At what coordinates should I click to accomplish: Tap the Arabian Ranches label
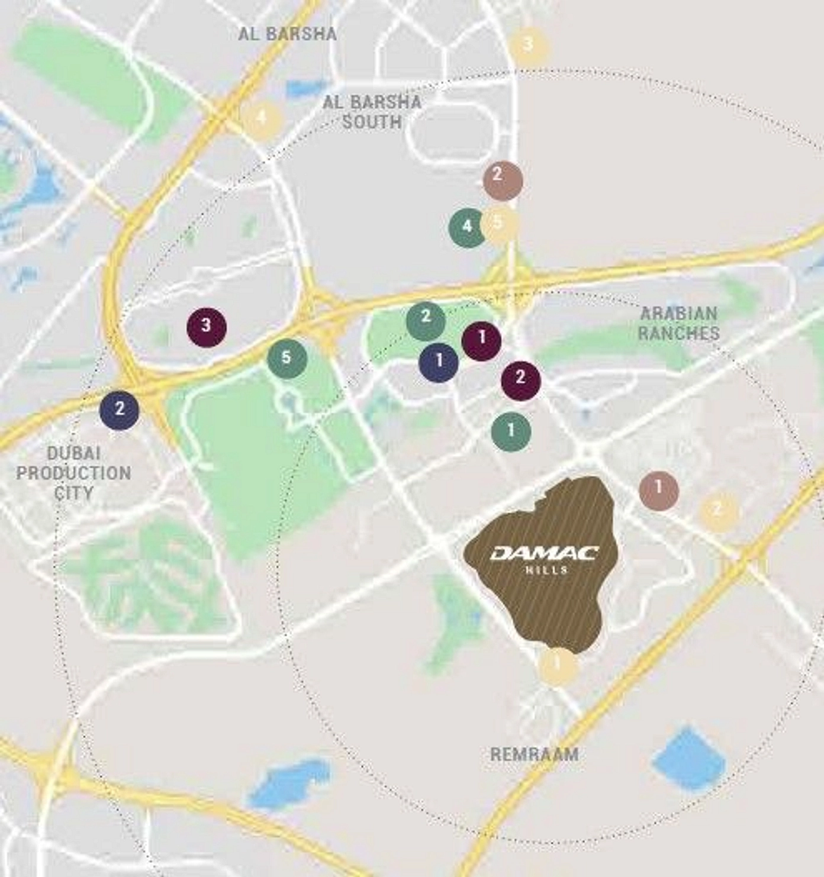click(678, 323)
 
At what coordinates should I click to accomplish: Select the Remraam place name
click(534, 754)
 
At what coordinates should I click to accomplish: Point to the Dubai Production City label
click(73, 473)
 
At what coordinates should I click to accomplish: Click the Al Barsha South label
click(372, 112)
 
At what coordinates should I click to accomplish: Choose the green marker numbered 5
click(287, 358)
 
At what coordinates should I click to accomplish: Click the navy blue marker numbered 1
click(439, 362)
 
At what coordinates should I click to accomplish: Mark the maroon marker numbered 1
click(481, 340)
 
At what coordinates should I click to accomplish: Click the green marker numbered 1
click(511, 430)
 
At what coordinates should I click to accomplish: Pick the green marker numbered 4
click(468, 227)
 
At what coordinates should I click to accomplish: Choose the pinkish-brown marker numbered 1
click(659, 490)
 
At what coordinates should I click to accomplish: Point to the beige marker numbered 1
click(557, 666)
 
